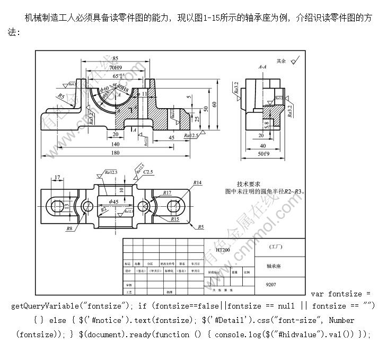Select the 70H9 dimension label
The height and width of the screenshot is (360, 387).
coord(116,68)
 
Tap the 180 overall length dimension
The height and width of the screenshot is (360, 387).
coord(115,153)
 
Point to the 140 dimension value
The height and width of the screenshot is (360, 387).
coord(115,144)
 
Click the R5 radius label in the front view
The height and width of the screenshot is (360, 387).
coord(61,96)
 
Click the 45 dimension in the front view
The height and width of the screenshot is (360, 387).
coord(171,137)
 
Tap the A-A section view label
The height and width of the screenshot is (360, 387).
coord(262,67)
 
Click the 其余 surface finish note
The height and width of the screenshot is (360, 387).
coord(281,62)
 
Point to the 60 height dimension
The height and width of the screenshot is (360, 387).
coord(214,104)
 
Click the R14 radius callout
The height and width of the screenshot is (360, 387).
coord(198,183)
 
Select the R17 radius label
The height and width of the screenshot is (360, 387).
coord(167,192)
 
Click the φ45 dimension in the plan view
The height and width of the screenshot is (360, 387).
coord(113,201)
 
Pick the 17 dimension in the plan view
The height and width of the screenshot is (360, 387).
coord(57,177)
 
